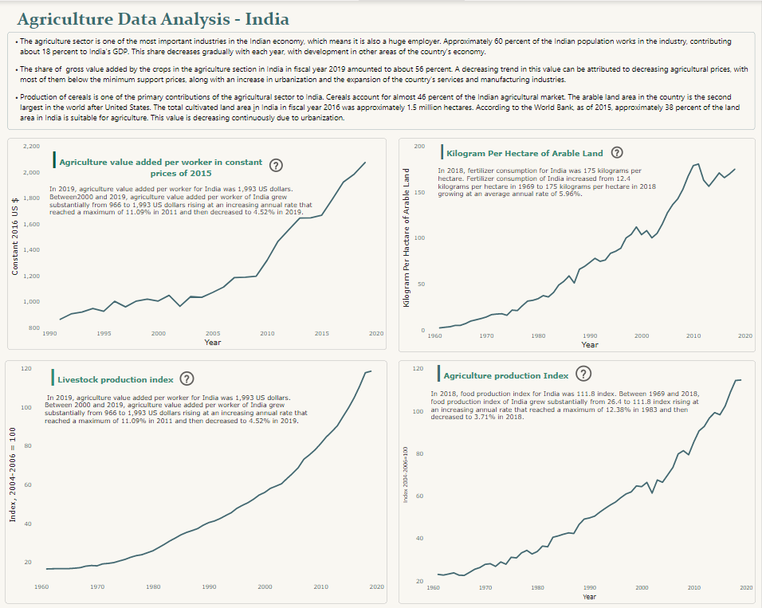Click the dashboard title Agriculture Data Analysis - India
[153, 18]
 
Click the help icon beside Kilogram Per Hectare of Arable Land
[616, 153]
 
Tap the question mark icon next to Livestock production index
[187, 379]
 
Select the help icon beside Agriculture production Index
[583, 374]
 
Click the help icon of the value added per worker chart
[276, 166]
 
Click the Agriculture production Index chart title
[506, 375]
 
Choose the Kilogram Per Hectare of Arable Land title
[524, 153]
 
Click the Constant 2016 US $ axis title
[15, 237]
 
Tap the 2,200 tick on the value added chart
[31, 147]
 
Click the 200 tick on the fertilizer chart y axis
[420, 147]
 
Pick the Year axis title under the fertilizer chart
[589, 344]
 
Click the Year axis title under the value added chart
[212, 342]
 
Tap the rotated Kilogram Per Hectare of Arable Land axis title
[406, 237]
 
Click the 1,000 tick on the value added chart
[31, 302]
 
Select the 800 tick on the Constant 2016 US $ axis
[33, 328]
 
